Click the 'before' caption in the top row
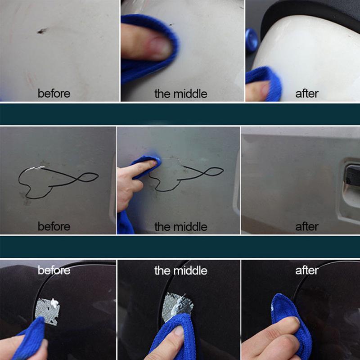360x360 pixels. point(54,94)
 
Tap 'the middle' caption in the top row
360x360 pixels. point(180,94)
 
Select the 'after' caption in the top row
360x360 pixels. point(307,94)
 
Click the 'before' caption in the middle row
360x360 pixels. point(54,226)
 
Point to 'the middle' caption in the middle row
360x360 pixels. point(180,226)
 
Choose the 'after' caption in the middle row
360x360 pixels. point(307,226)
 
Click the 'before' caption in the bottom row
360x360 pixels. point(54,270)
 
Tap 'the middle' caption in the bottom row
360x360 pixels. point(180,270)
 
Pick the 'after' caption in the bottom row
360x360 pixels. point(307,270)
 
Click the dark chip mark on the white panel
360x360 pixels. point(42,31)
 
